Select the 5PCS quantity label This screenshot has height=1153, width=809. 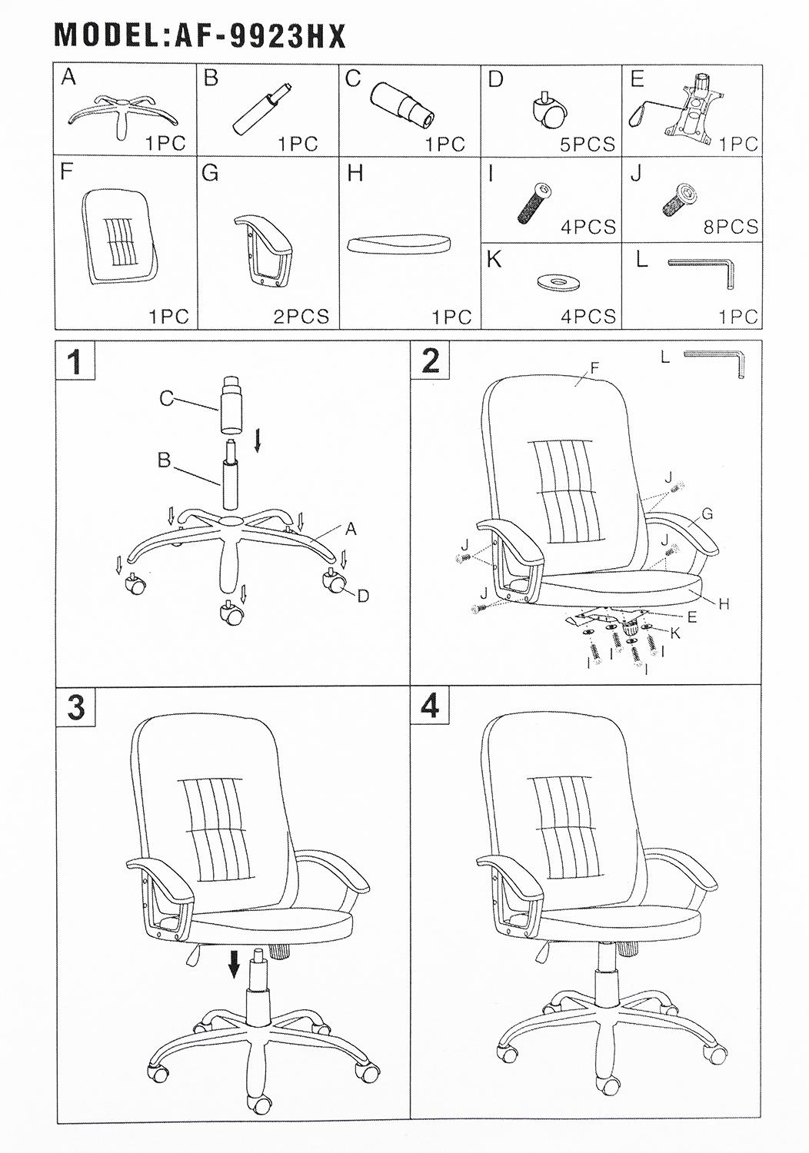click(x=587, y=145)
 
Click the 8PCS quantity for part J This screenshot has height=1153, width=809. click(x=731, y=227)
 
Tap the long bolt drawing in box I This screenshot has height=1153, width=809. click(x=534, y=202)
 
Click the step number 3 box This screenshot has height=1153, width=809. click(x=75, y=707)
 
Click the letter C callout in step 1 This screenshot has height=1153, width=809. click(x=166, y=398)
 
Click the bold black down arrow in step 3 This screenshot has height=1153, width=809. click(x=235, y=964)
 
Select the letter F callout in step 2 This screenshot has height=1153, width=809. click(x=594, y=367)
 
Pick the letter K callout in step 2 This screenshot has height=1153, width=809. click(x=676, y=633)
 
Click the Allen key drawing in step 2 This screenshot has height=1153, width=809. click(x=714, y=364)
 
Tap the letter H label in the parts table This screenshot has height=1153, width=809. click(x=356, y=174)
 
